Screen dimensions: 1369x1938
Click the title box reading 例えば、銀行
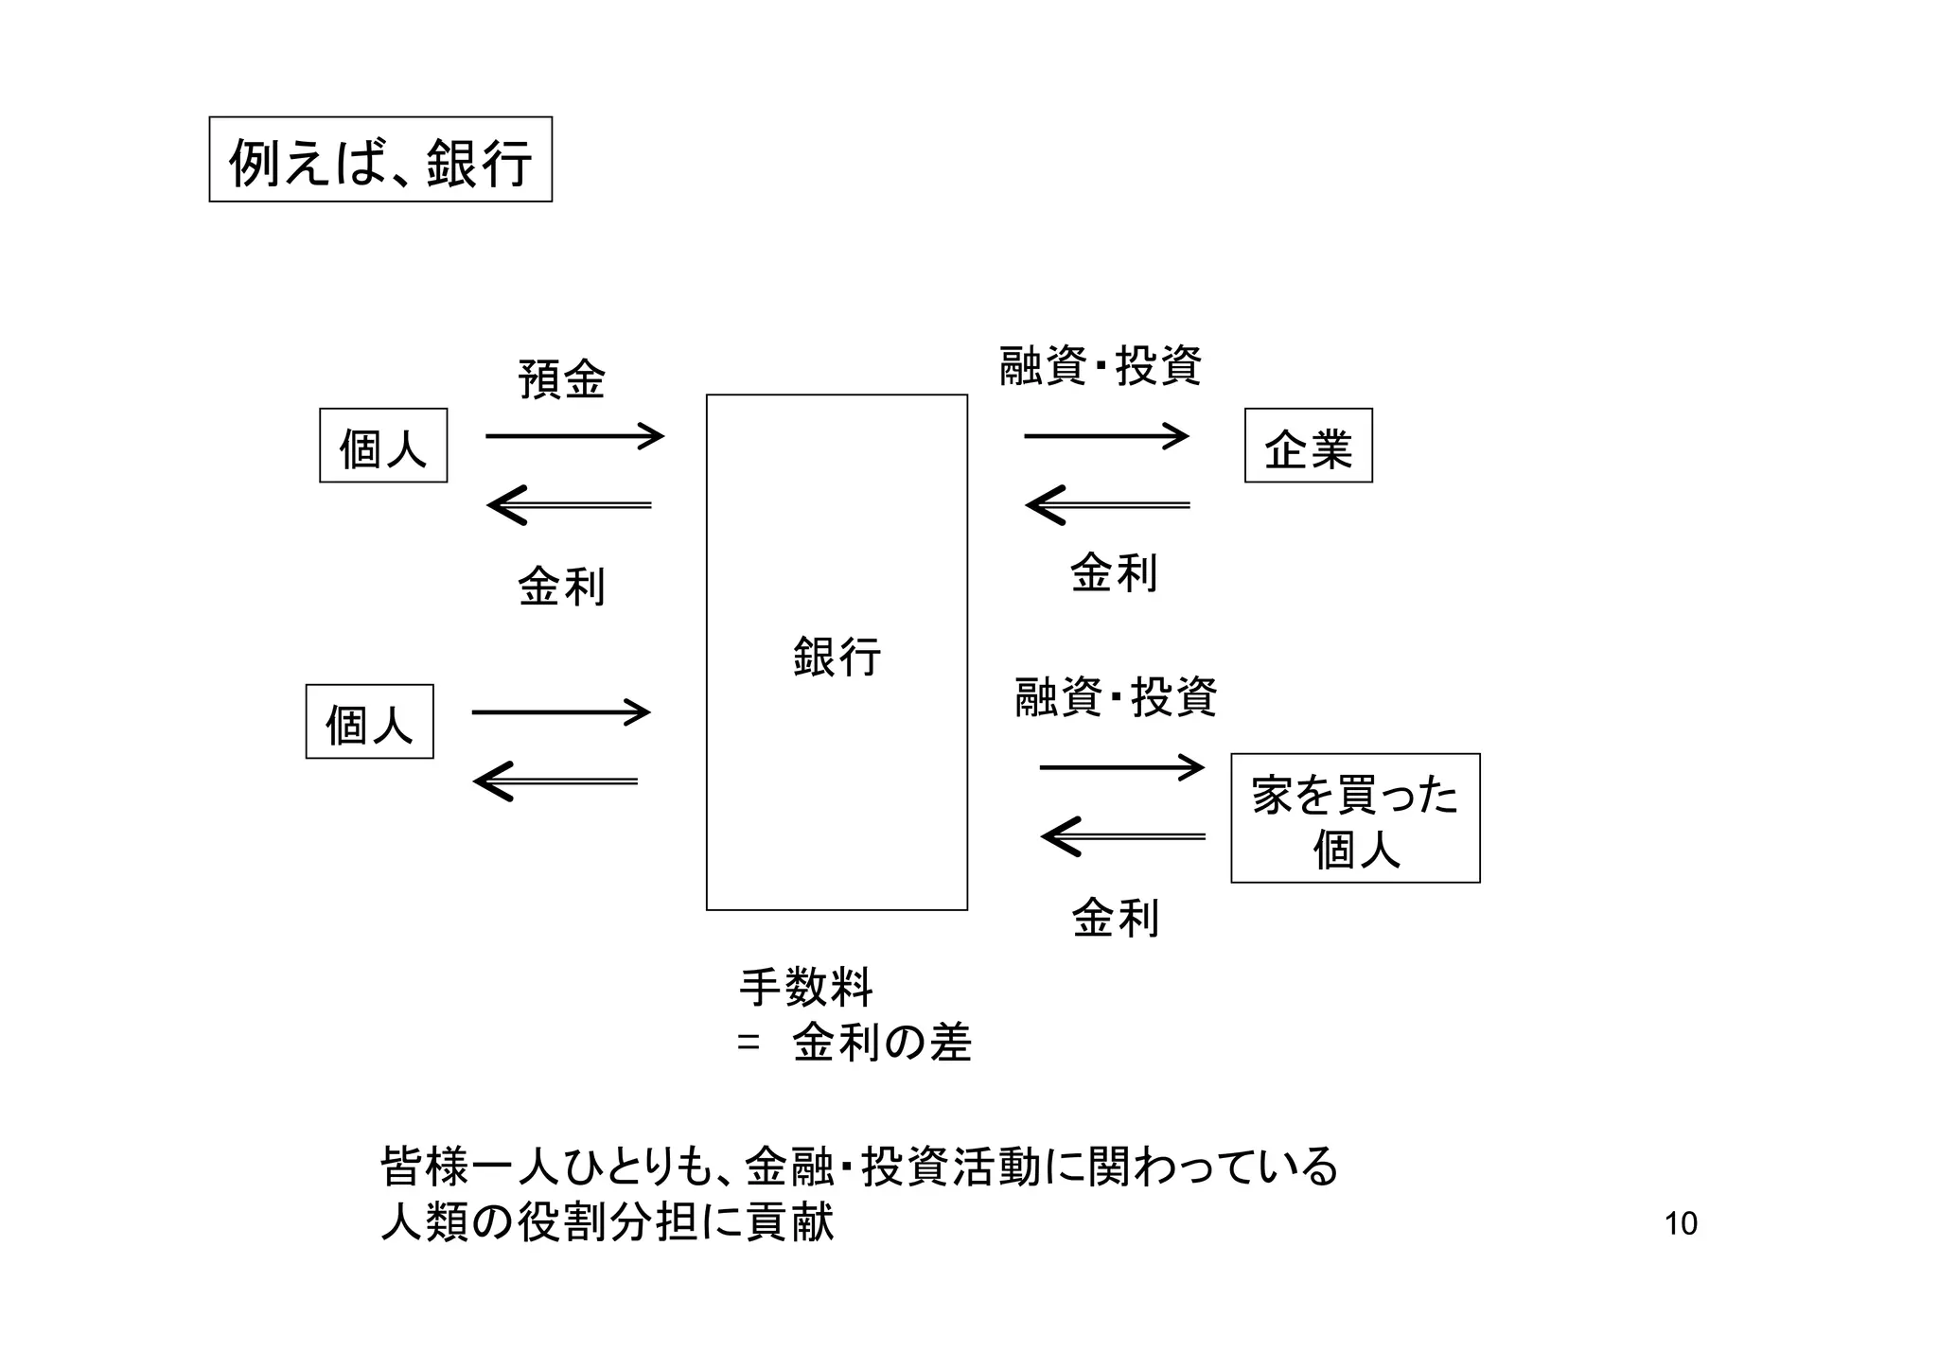click(x=380, y=160)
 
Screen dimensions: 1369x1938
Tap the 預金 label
click(x=561, y=380)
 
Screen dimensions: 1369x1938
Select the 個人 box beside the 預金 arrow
click(x=383, y=446)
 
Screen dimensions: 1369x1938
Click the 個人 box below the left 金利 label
click(x=369, y=722)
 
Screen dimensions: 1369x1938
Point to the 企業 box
click(x=1308, y=446)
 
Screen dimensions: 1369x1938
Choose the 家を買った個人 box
click(x=1355, y=818)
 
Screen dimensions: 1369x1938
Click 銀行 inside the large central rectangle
click(x=837, y=656)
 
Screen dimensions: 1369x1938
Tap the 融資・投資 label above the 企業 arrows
click(x=1101, y=366)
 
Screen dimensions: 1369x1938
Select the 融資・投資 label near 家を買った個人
click(x=1116, y=697)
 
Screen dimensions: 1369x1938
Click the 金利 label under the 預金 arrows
click(x=561, y=587)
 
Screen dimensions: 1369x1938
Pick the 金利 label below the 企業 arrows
click(x=1114, y=573)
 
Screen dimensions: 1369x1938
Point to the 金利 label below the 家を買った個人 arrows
click(x=1115, y=918)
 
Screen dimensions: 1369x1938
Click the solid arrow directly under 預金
click(x=574, y=436)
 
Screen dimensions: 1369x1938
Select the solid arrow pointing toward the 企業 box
click(x=1106, y=436)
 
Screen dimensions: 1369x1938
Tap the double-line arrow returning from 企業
click(x=1108, y=505)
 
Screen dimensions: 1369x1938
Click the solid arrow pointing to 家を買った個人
click(x=1121, y=767)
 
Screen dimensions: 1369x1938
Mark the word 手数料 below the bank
click(x=805, y=988)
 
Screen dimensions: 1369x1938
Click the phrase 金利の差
click(x=882, y=1043)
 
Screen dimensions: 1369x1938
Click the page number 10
click(x=1681, y=1224)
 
